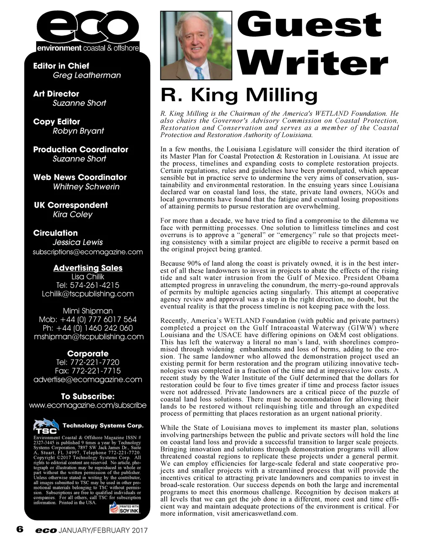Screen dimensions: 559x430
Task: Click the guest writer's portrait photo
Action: [196, 45]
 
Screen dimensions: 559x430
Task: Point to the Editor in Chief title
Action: [61, 66]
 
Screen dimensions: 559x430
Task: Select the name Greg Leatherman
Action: [87, 76]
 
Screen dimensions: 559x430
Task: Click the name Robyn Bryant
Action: [78, 131]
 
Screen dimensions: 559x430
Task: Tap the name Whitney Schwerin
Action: [86, 187]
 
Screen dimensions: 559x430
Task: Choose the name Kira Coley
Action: [72, 214]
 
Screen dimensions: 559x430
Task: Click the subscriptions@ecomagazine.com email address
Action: [88, 252]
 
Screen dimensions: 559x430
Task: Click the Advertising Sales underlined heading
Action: [88, 268]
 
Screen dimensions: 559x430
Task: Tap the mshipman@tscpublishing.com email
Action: [89, 337]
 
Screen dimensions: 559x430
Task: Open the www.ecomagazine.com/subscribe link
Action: [88, 406]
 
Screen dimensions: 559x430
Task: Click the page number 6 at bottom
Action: [20, 529]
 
